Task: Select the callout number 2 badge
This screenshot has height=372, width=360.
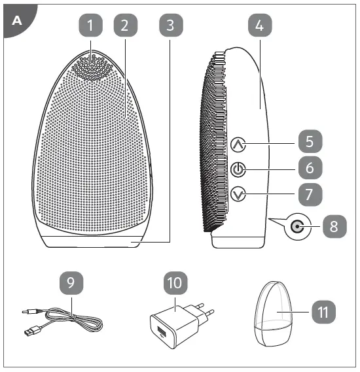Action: [126, 26]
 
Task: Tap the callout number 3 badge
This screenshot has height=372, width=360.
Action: [170, 26]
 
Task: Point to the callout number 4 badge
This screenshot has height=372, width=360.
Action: [260, 26]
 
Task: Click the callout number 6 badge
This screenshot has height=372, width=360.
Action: [310, 168]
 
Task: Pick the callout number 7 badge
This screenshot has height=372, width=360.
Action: [310, 193]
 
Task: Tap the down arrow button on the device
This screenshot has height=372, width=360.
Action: [238, 194]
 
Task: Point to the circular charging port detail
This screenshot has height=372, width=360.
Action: [298, 228]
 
